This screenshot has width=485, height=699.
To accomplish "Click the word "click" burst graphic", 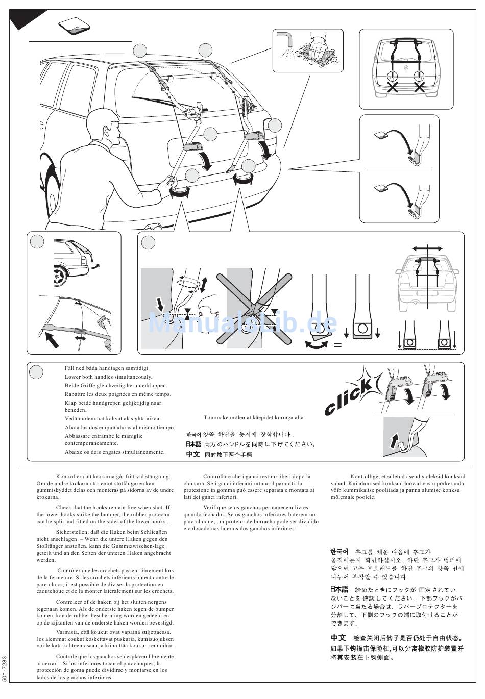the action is pos(353,392).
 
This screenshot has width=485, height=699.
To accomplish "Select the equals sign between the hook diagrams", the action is pos(337,345).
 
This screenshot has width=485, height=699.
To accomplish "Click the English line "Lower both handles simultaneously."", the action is pos(108,377).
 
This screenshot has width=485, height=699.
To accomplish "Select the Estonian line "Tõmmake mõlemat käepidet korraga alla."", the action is pos(254,417).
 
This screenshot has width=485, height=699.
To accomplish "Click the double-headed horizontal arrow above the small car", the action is pos(427,248).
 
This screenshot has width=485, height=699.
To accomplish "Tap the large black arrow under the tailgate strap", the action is pos(52,339).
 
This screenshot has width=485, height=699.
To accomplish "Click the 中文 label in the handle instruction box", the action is pos(192,454).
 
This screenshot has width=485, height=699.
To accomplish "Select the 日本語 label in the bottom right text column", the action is pos(339,589).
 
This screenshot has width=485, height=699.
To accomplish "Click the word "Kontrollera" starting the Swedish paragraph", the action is pos(69,476).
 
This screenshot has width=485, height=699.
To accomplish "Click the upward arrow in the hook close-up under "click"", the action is pos(394,441).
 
